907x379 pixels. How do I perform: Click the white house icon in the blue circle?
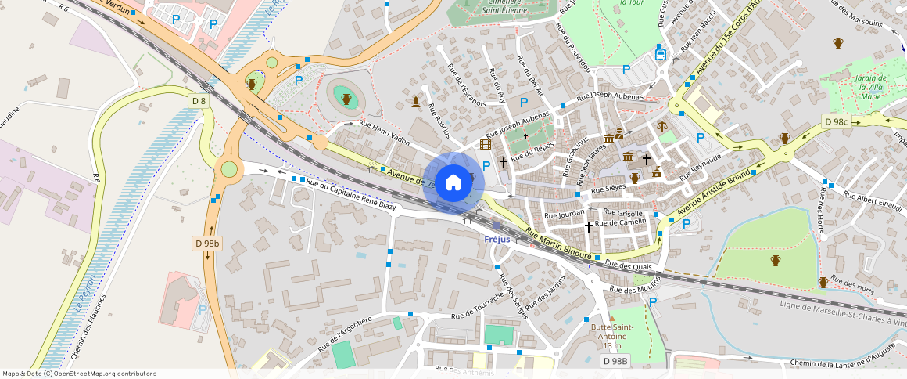tap(453, 183)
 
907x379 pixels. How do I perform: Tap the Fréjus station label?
tap(497, 239)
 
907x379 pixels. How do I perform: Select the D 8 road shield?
tap(199, 100)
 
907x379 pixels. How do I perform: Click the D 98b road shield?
tap(207, 244)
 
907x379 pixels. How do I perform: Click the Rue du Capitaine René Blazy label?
tap(351, 194)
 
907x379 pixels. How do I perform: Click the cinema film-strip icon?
tap(486, 144)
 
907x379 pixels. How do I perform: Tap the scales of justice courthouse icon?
tap(662, 125)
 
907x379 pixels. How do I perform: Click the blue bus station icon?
tap(660, 55)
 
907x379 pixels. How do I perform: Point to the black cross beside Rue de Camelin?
tap(589, 226)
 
